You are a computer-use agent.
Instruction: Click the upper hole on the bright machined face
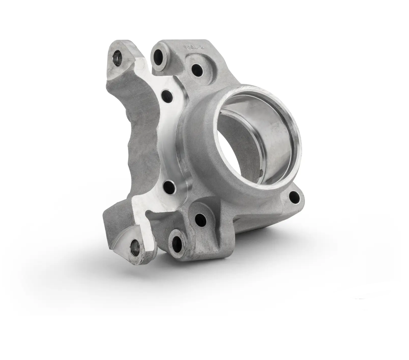point(167,95)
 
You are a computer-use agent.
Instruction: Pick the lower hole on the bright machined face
point(169,187)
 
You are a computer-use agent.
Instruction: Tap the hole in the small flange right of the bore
point(294,198)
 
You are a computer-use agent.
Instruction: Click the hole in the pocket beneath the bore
point(201,219)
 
